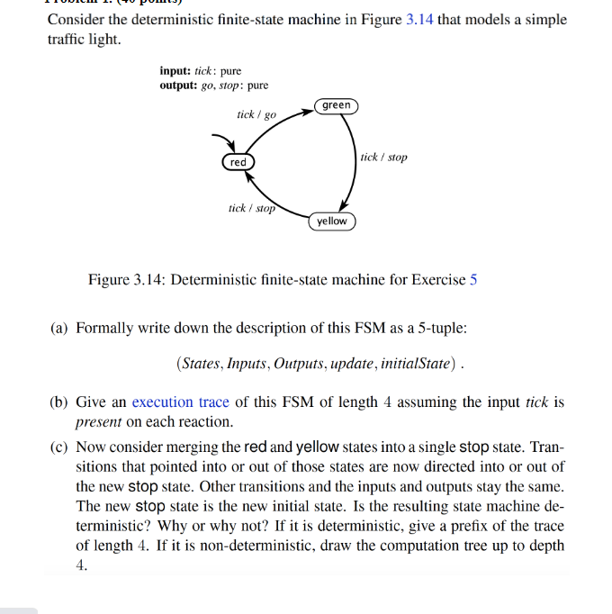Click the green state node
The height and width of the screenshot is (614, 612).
point(337,106)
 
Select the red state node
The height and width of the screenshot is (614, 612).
point(238,162)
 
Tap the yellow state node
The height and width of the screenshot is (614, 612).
point(331,221)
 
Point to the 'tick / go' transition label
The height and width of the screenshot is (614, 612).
point(256,115)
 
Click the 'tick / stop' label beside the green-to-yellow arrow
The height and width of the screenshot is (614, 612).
point(383,158)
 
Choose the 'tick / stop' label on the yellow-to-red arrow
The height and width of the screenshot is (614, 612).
point(251,209)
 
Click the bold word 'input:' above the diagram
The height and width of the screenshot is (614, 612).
point(175,71)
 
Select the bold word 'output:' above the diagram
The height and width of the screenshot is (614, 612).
point(178,86)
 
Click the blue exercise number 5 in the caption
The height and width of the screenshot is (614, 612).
point(473,279)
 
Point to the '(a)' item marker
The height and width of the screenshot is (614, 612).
point(60,328)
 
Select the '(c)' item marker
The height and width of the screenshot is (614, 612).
point(60,447)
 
